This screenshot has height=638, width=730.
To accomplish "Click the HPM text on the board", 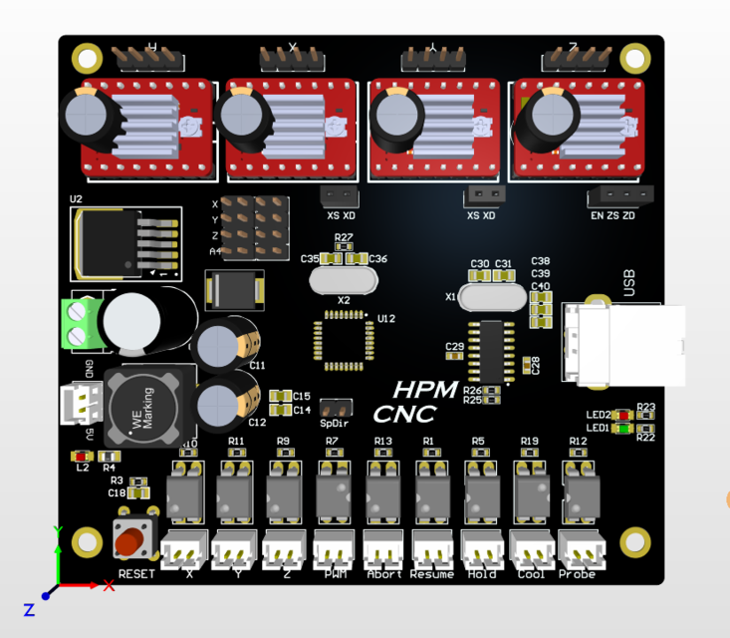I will (x=425, y=390).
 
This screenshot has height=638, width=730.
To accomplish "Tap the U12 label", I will (x=386, y=319).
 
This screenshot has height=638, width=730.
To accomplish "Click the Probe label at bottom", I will (x=577, y=574).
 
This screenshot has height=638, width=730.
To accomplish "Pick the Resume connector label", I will (x=432, y=574).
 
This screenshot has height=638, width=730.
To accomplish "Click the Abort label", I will (x=383, y=574).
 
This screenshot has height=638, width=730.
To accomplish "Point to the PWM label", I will (x=335, y=574).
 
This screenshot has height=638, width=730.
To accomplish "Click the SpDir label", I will (x=335, y=424).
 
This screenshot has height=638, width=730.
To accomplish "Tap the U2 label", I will (x=77, y=199).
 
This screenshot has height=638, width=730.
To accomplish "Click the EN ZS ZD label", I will (x=612, y=215).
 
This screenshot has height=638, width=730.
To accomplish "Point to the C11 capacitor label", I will (x=258, y=366).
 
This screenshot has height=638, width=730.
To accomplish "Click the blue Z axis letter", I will (x=29, y=608).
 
